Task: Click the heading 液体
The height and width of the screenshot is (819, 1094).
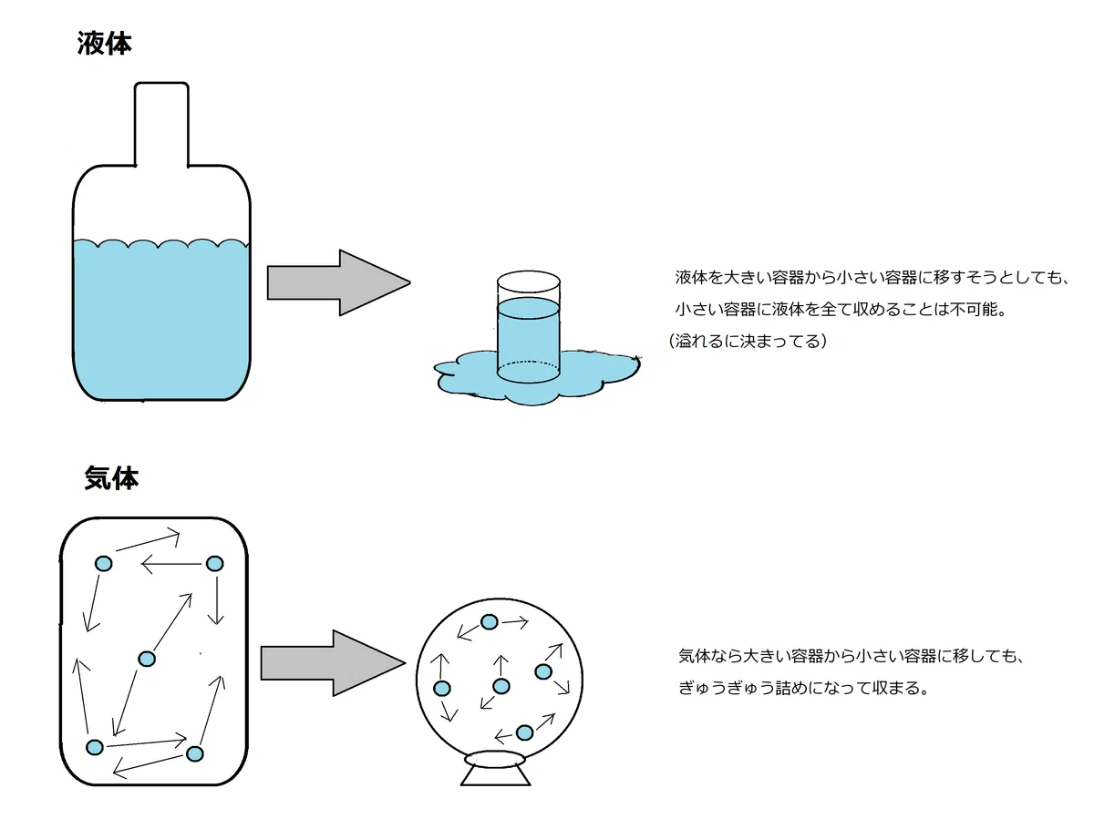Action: coord(105,44)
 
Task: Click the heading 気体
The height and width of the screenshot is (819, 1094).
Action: coord(111,478)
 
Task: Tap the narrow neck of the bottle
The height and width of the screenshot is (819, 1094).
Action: coord(161,124)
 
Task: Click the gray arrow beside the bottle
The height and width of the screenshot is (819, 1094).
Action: coord(339,282)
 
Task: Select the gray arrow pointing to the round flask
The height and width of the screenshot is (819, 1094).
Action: coord(333,662)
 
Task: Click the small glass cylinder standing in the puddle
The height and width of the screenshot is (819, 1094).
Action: coord(528,327)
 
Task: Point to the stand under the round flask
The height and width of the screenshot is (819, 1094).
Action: coord(495,767)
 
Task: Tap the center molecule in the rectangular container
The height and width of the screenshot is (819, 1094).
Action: coord(147,659)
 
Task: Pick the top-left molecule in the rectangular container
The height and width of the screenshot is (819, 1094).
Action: coord(103,564)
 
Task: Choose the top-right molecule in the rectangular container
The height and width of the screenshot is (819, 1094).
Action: coord(215,564)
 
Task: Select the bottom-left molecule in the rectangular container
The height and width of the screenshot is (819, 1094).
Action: coord(95,747)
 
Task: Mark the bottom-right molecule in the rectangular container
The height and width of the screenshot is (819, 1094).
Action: coord(195,753)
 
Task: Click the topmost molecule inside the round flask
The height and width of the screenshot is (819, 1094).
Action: coord(490,622)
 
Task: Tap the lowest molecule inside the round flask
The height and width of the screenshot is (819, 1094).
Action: coord(524,732)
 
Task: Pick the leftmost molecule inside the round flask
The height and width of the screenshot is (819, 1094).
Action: coord(442,689)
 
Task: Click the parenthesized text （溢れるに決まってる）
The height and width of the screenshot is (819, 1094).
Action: coord(748,341)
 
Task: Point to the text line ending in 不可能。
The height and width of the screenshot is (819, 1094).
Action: coord(841,310)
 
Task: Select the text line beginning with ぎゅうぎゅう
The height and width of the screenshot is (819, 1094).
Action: coord(803,688)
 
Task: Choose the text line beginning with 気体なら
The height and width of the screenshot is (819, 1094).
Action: coord(851,656)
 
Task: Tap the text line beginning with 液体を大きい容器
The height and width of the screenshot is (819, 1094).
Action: coord(872,277)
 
